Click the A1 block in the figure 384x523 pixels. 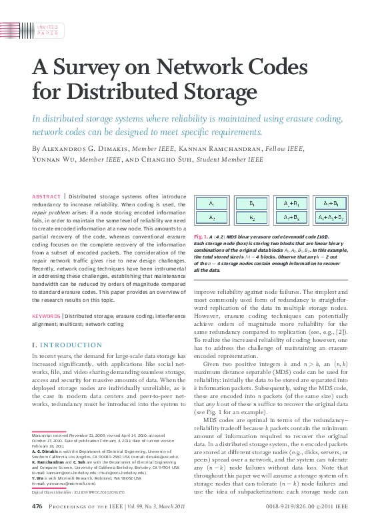pos(211,202)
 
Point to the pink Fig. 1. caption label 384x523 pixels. pos(201,236)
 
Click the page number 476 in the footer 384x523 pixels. pos(38,507)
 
